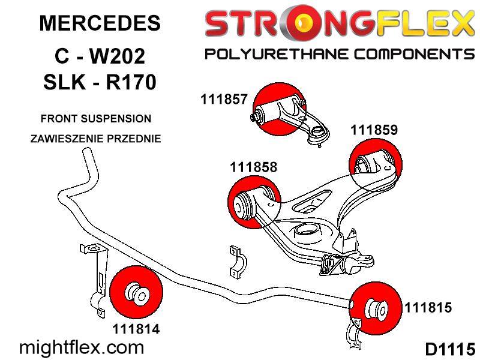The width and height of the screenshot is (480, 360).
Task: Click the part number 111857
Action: pyautogui.click(x=224, y=99)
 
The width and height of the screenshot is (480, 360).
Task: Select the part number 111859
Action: pyautogui.click(x=374, y=130)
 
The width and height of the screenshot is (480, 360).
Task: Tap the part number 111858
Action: pyautogui.click(x=253, y=167)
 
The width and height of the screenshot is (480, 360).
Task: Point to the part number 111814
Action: pyautogui.click(x=136, y=329)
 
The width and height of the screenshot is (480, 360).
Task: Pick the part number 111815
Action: pyautogui.click(x=428, y=307)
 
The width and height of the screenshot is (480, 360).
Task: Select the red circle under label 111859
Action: pyautogui.click(x=376, y=164)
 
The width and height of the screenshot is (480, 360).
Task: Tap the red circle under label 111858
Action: pyautogui.click(x=254, y=202)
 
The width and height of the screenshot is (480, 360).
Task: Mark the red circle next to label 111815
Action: pyautogui.click(x=376, y=309)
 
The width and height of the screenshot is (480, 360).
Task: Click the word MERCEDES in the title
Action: pyautogui.click(x=100, y=23)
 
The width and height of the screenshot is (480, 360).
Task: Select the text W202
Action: pyautogui.click(x=116, y=56)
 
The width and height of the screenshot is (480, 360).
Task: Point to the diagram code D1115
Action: pyautogui.click(x=449, y=349)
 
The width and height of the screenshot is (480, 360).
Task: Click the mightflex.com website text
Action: pyautogui.click(x=82, y=348)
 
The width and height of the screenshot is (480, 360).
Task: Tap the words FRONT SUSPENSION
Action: pyautogui.click(x=96, y=118)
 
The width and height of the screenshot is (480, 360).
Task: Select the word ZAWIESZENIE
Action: pyautogui.click(x=66, y=139)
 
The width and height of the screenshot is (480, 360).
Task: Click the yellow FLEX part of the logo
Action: pyautogui.click(x=425, y=23)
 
